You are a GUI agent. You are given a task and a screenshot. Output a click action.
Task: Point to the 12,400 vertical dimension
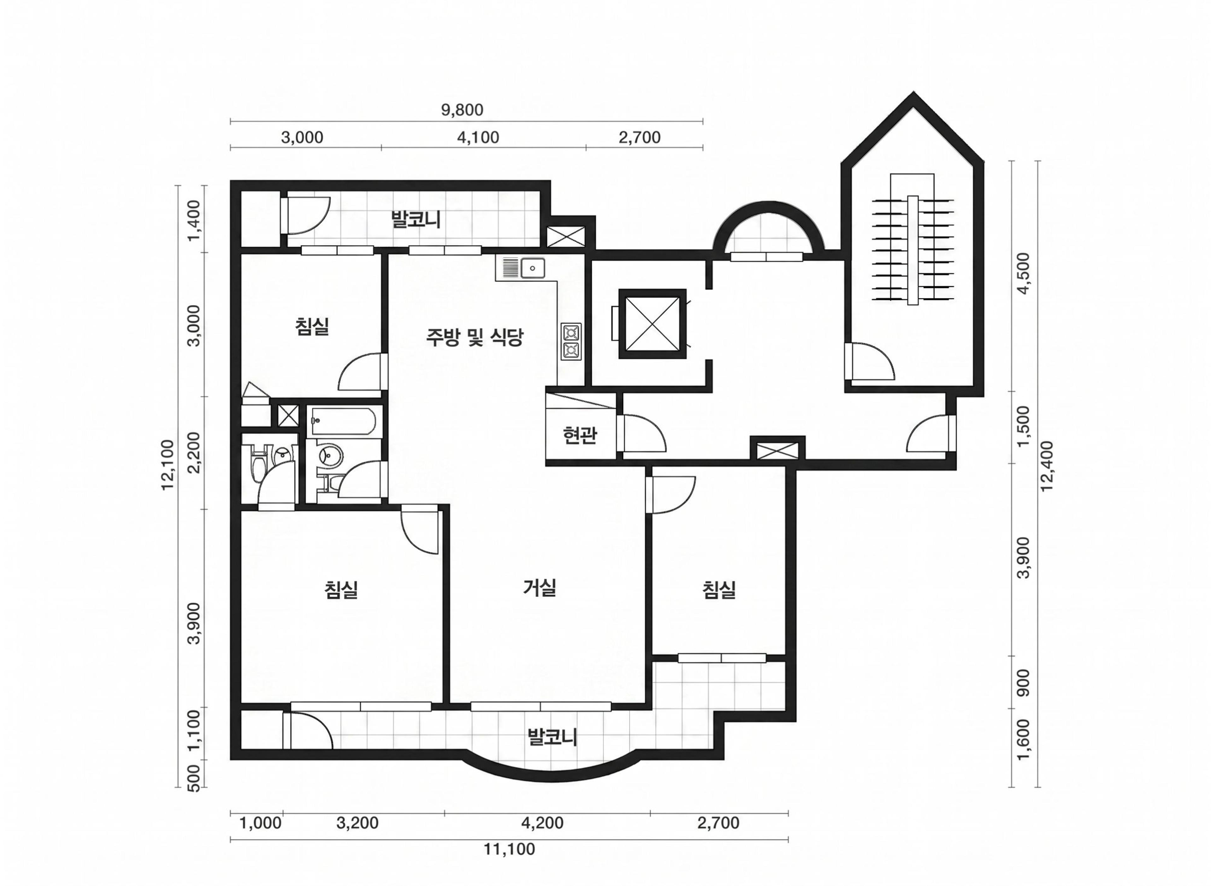click(x=1046, y=466)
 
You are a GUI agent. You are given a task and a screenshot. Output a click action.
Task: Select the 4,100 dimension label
click(x=477, y=138)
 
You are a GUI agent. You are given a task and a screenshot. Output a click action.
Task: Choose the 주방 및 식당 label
click(x=474, y=337)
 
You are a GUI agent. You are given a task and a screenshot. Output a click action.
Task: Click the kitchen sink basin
click(x=532, y=268)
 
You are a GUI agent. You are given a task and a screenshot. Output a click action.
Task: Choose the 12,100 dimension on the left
click(x=168, y=465)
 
